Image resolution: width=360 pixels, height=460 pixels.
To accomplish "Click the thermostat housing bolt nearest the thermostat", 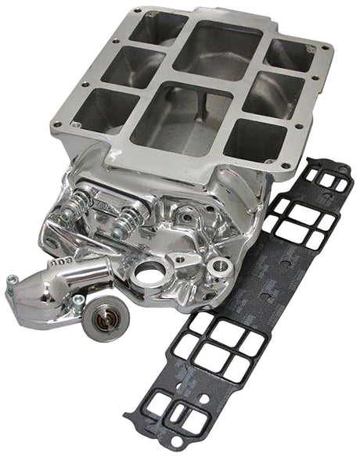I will click(x=78, y=300).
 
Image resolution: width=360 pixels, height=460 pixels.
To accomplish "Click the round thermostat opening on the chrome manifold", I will click(x=149, y=274).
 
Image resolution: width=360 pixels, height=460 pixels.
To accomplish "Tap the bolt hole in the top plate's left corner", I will click(x=57, y=124).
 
